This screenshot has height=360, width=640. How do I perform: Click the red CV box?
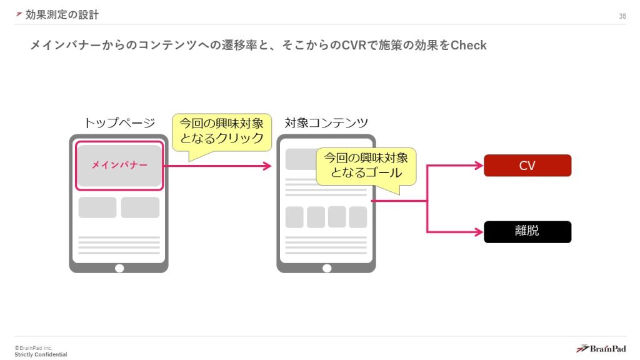pos(527,166)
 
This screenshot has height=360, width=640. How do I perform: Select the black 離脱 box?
pos(527,232)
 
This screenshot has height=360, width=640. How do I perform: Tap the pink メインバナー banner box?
pos(119,166)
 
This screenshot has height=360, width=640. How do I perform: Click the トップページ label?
pos(119,122)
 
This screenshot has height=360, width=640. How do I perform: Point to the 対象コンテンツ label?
pos(326,122)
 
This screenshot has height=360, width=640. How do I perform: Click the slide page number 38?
pos(622,16)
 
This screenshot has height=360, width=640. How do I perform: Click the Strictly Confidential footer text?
pos(41,355)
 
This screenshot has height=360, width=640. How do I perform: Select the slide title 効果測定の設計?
pos(62,14)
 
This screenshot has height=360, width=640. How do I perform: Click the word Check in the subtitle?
pos(469,46)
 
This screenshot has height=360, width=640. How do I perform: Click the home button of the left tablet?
pos(119,268)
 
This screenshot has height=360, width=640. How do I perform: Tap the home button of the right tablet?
pos(326,268)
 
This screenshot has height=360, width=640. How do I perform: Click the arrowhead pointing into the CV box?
pos(479,166)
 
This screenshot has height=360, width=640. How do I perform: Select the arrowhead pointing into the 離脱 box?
pos(479,232)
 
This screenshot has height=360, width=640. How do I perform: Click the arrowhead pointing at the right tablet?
pos(267,166)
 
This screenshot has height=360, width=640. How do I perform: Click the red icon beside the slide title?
pos(19,14)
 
